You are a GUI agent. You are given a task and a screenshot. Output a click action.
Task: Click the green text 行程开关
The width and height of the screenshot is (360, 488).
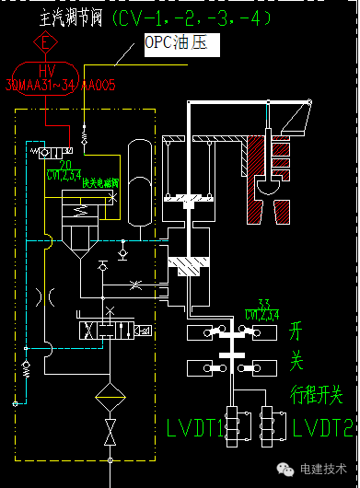pos(316,396)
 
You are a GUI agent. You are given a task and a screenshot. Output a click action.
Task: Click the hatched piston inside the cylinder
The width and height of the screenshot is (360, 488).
pos(191,267)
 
